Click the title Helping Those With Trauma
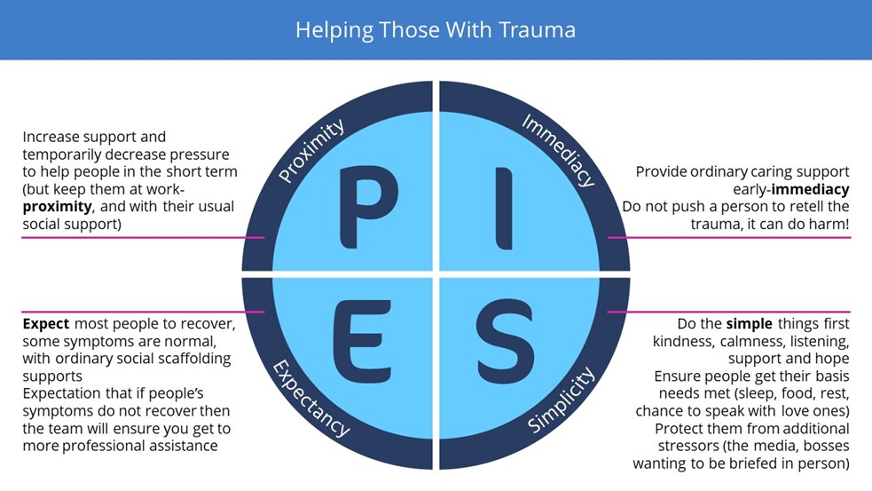[436, 30]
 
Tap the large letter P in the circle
[367, 207]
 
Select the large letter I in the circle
[504, 208]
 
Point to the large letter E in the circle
[362, 341]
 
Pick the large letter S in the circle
[505, 341]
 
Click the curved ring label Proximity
[311, 151]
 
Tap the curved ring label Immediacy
[559, 150]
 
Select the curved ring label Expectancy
[311, 398]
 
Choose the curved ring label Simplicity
[561, 400]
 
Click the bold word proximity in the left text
[58, 207]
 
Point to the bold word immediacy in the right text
[810, 189]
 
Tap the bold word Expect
[45, 324]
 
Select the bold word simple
[749, 324]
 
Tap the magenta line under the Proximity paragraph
[143, 238]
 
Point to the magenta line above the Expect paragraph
[143, 312]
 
